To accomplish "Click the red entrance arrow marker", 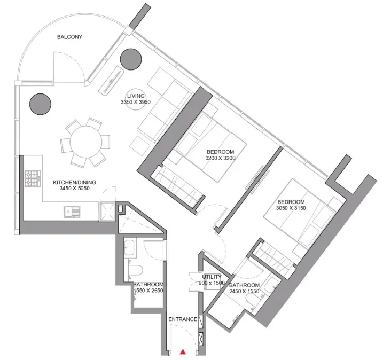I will [x=183, y=351].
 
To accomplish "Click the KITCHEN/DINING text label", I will [x=74, y=182].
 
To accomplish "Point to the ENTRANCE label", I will [x=183, y=319].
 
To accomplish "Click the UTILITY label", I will [x=212, y=277].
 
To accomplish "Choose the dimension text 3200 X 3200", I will [x=221, y=158].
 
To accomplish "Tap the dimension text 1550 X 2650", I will [x=148, y=291].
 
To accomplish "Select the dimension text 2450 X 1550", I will [x=244, y=292].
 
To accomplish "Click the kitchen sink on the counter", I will [x=71, y=213].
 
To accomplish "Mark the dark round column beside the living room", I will [x=130, y=58].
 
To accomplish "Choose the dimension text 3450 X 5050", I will [x=74, y=188].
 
